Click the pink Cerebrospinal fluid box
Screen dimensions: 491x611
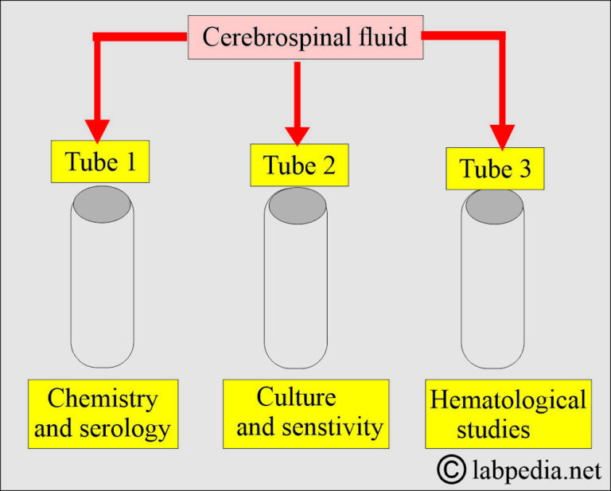click(304, 37)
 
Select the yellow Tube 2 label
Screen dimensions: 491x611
click(298, 165)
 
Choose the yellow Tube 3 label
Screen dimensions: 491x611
click(495, 169)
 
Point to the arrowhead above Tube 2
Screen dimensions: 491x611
click(297, 132)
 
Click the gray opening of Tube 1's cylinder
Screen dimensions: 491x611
click(102, 207)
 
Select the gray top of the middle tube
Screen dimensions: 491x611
click(297, 206)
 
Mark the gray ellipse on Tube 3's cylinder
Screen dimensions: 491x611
click(494, 207)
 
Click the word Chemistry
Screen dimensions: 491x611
click(102, 399)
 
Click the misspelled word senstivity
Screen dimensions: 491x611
click(333, 427)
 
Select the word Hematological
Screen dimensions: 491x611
click(508, 399)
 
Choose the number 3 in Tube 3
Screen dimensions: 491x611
click(525, 170)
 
